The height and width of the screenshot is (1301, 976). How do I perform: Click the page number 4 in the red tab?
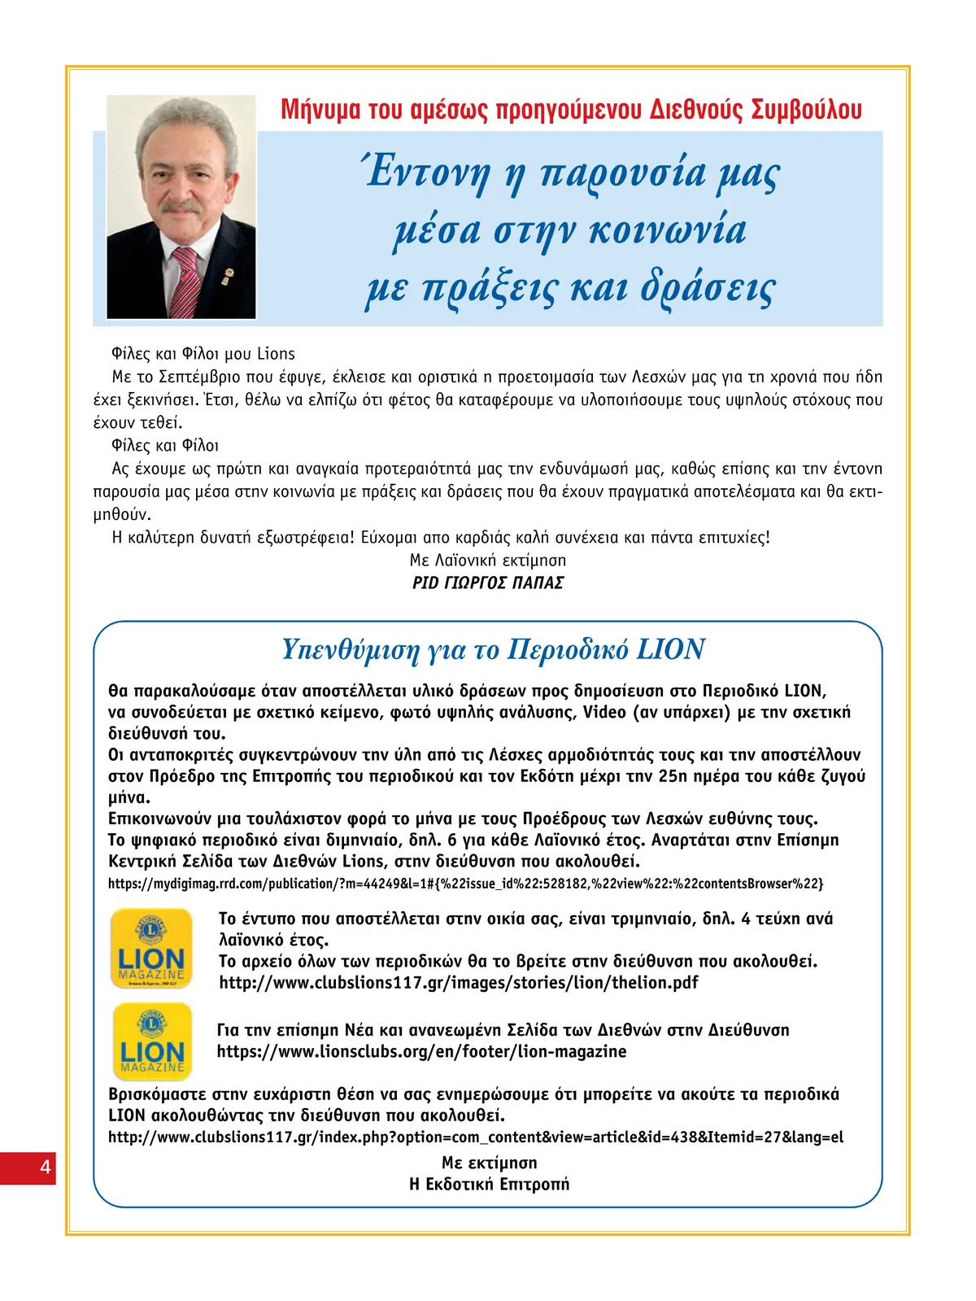click(x=45, y=1168)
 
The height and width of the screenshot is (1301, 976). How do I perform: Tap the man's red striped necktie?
click(x=185, y=281)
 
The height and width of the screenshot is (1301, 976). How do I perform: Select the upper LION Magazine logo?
click(x=151, y=949)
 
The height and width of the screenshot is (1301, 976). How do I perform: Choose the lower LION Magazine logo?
click(x=152, y=1041)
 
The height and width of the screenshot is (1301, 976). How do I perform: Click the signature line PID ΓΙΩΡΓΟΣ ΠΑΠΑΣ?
click(x=488, y=583)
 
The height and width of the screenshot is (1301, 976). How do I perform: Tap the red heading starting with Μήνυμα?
click(x=570, y=109)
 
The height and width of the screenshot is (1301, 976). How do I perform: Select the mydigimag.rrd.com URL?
click(x=465, y=884)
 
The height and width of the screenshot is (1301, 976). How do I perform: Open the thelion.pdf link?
click(x=459, y=983)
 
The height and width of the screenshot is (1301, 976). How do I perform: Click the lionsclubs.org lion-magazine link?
click(x=421, y=1051)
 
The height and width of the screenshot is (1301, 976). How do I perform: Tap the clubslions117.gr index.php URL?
click(x=476, y=1137)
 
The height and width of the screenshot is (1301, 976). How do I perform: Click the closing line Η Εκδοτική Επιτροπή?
click(x=489, y=1184)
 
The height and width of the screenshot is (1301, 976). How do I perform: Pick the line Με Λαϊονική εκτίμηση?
click(x=488, y=561)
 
